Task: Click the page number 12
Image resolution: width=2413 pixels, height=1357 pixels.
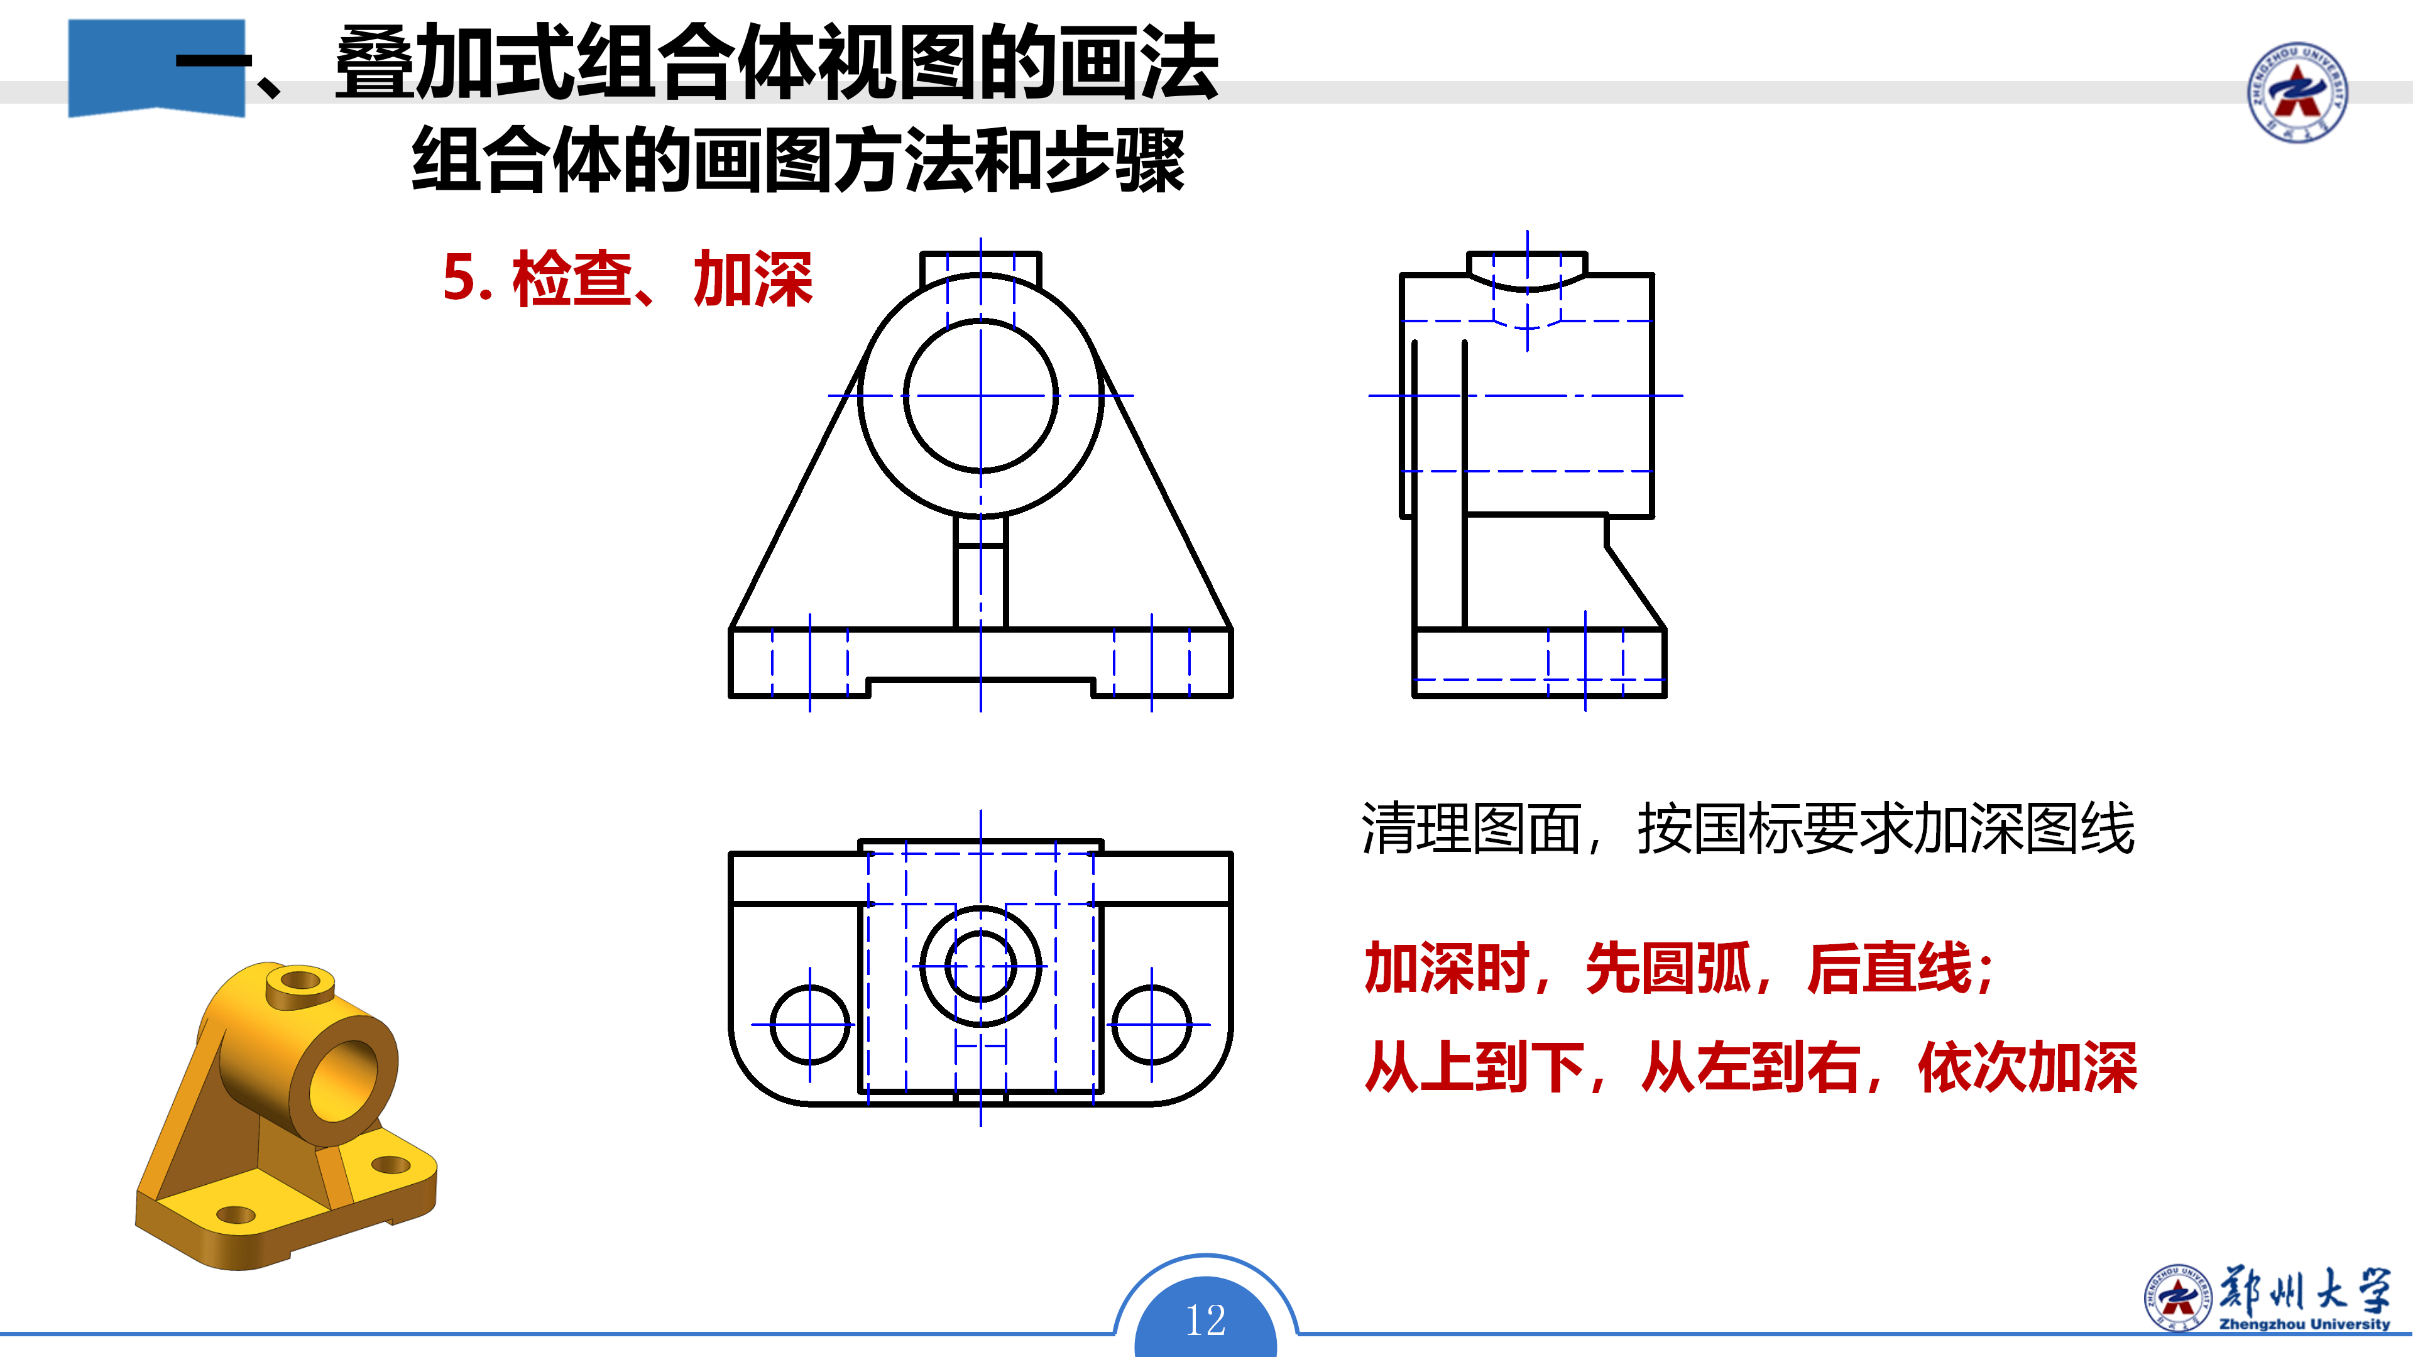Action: [x=1206, y=1321]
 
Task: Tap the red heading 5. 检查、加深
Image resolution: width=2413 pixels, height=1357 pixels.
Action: [x=628, y=278]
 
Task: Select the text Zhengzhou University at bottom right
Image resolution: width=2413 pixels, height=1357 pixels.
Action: [x=2304, y=1324]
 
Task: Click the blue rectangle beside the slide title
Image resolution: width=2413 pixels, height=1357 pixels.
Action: [x=156, y=67]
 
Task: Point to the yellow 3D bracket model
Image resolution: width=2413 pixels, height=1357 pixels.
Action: [x=286, y=1115]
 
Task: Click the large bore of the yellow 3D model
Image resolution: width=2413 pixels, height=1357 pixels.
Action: [x=343, y=1080]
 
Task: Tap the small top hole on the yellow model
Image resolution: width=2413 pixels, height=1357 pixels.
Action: [x=300, y=981]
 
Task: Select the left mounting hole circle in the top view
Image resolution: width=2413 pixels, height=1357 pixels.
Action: [x=771, y=1025]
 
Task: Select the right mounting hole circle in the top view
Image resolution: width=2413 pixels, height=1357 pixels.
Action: [x=1113, y=1025]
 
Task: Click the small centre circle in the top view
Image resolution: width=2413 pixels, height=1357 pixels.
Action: [x=947, y=966]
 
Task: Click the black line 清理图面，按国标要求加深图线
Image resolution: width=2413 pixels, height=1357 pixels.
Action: [x=1748, y=829]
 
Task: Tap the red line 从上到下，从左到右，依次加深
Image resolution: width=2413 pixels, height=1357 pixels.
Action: [x=1751, y=1067]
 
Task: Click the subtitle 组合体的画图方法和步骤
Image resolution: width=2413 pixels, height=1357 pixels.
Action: [x=798, y=160]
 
